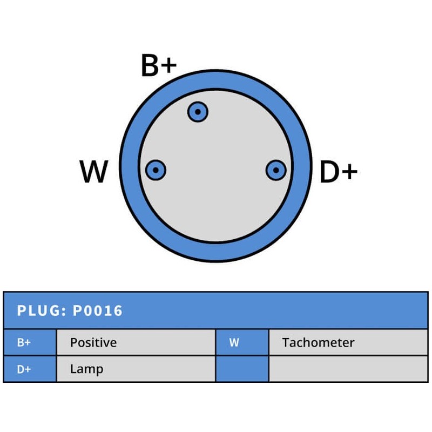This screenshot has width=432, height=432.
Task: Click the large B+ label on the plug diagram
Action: tap(158, 66)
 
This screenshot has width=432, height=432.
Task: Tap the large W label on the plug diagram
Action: tap(94, 172)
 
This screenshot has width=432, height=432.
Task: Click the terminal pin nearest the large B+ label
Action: tap(198, 112)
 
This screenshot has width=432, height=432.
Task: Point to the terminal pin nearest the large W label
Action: tap(156, 171)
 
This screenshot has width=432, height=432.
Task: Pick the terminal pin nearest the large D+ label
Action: tap(276, 171)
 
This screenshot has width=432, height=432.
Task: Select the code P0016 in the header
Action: tap(98, 311)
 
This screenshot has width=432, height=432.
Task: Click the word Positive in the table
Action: tap(93, 342)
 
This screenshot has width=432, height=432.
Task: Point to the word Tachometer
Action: tap(318, 342)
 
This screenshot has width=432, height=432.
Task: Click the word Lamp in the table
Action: tap(86, 369)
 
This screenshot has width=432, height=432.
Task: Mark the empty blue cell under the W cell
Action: tap(242, 369)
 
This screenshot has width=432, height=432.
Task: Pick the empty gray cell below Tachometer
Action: tap(348, 369)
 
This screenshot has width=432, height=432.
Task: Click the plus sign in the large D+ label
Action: tap(349, 172)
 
